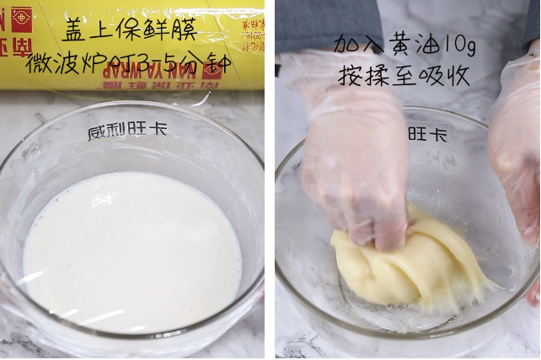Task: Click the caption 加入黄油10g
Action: [404, 44]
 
